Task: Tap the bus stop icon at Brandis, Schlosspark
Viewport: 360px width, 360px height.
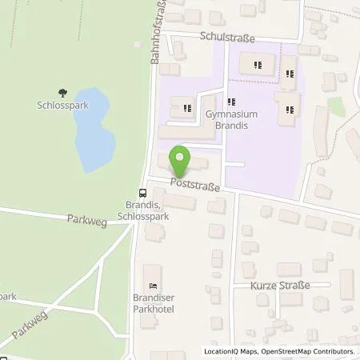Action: click(142, 193)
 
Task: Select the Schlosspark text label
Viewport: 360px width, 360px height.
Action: click(62, 105)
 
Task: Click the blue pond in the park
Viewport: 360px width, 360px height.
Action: click(94, 128)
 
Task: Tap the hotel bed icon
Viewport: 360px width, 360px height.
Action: click(153, 286)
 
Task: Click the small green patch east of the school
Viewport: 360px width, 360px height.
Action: click(337, 106)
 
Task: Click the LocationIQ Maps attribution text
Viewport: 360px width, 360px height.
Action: click(232, 351)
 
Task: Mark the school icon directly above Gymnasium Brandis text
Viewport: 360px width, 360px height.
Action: click(231, 102)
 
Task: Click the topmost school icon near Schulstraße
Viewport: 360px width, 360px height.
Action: click(257, 65)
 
